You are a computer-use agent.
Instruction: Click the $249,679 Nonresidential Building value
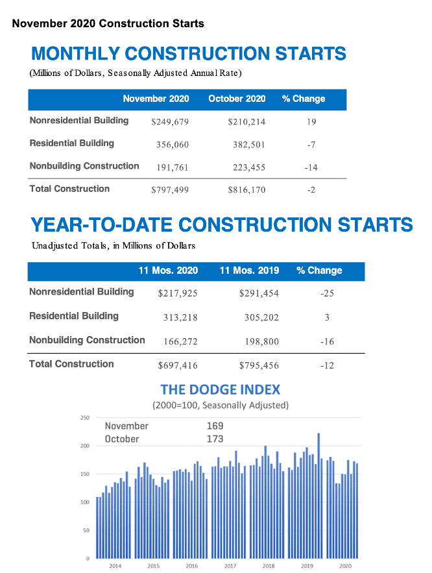click(x=170, y=122)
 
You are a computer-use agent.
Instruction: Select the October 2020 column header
click(x=237, y=99)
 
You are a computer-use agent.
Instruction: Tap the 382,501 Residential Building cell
click(x=248, y=145)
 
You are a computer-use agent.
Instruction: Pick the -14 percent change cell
click(x=311, y=167)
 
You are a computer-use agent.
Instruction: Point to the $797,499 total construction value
click(x=170, y=189)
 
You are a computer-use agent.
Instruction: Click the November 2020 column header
click(x=156, y=99)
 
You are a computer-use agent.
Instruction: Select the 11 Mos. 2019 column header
click(x=249, y=271)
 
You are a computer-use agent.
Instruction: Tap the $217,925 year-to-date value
click(x=178, y=293)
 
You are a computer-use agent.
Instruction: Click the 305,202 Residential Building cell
click(x=261, y=317)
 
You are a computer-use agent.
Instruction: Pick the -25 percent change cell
click(x=327, y=293)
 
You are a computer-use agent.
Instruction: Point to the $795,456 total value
click(x=259, y=365)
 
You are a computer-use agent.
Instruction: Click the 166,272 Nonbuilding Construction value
click(x=180, y=341)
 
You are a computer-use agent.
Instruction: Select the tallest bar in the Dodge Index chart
click(x=318, y=496)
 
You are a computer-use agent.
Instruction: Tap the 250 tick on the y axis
click(x=85, y=418)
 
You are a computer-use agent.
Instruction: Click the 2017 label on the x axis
click(x=230, y=566)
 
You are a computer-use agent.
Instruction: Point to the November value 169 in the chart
click(x=215, y=426)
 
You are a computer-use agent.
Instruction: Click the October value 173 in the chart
click(x=215, y=439)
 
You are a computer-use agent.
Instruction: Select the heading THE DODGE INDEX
click(x=220, y=389)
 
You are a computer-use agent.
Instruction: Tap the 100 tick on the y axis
click(x=85, y=502)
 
